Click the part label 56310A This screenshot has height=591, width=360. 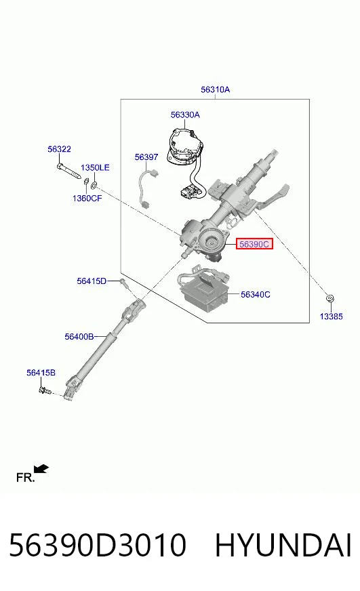click(215, 89)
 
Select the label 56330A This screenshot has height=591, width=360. click(185, 115)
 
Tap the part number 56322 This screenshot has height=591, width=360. click(59, 149)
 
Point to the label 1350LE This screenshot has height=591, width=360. click(95, 167)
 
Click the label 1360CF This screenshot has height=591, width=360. click(87, 199)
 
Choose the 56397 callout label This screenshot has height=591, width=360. click(146, 157)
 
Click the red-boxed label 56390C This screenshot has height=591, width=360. click(254, 244)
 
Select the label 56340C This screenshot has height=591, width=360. click(255, 294)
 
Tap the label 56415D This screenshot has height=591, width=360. click(92, 281)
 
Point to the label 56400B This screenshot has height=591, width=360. click(79, 336)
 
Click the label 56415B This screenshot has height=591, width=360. click(41, 373)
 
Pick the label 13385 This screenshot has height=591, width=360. click(332, 317)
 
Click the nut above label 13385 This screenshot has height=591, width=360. click(330, 298)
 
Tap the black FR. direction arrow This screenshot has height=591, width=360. click(41, 469)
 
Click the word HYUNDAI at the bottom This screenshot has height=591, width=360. click(283, 545)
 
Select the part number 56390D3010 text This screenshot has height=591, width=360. click(98, 545)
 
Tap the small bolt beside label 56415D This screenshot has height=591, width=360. click(124, 284)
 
